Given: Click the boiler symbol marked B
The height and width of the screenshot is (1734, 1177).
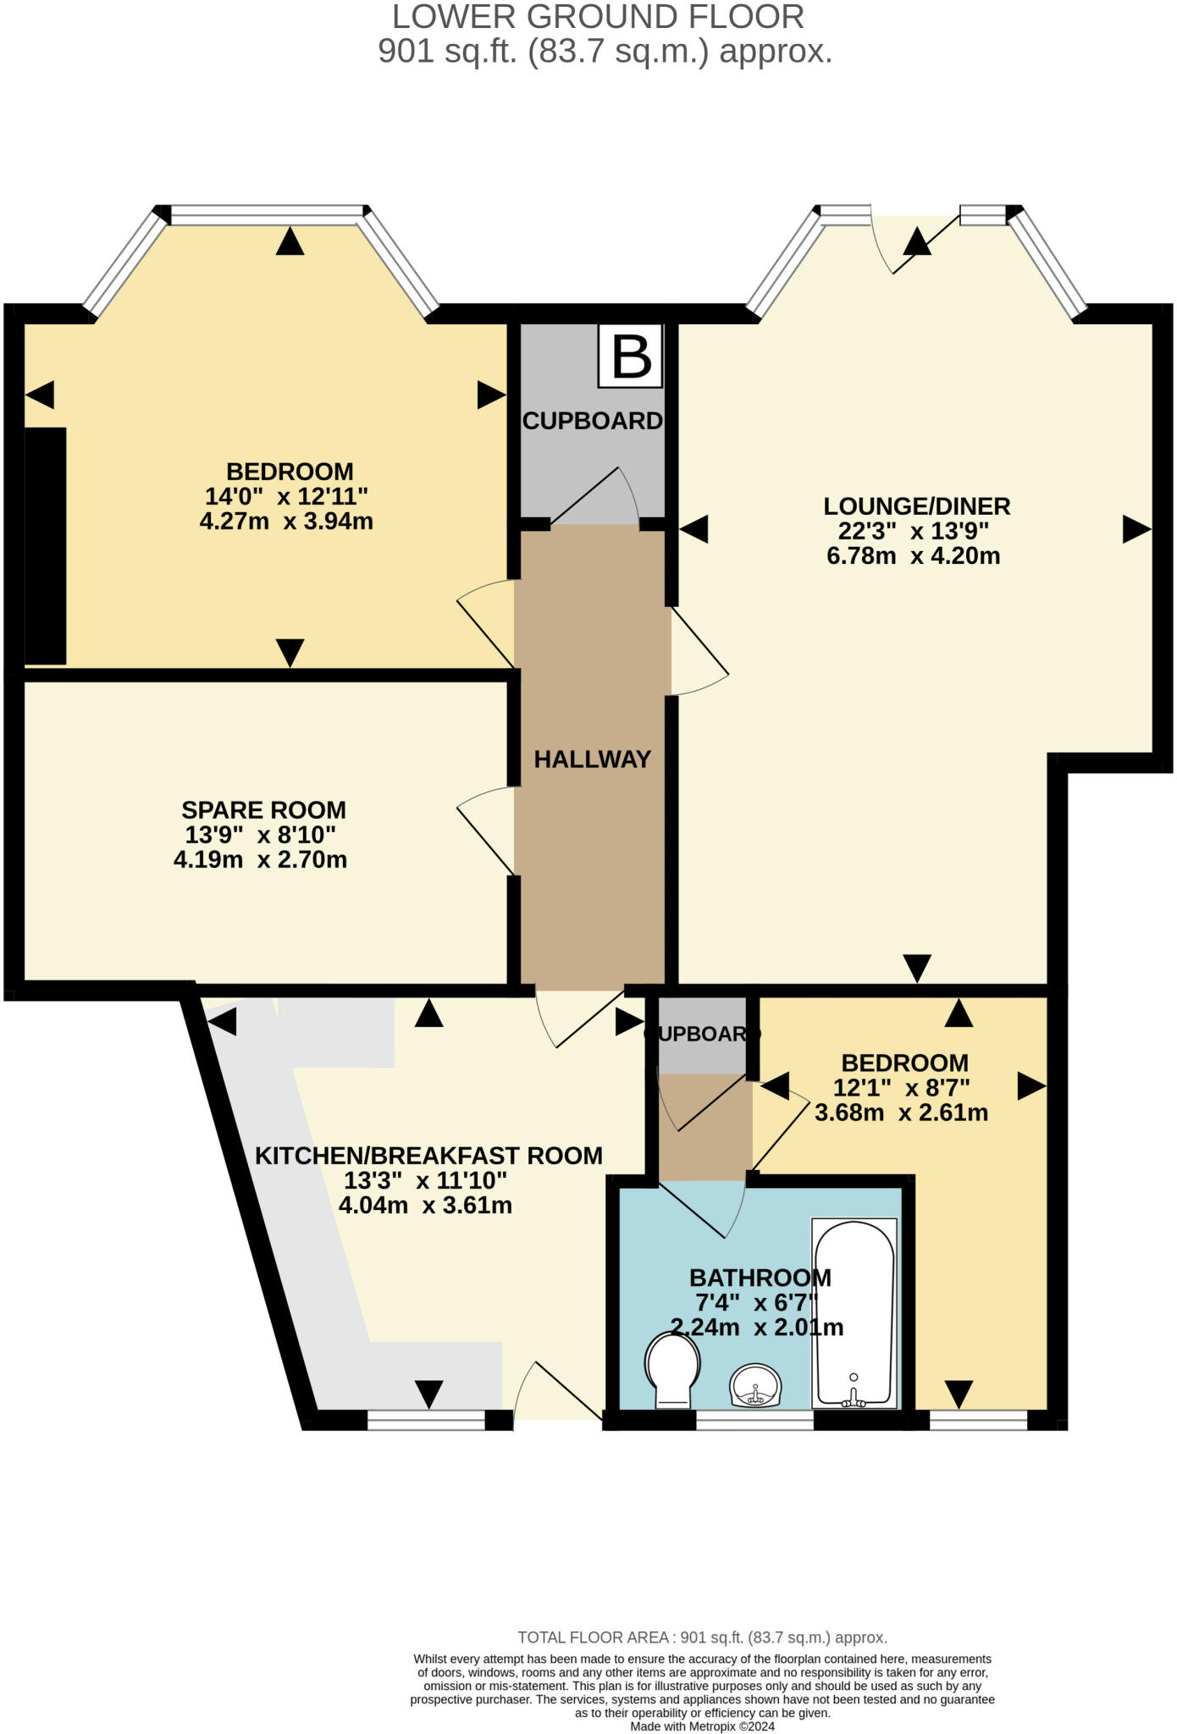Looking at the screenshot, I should coord(630,356).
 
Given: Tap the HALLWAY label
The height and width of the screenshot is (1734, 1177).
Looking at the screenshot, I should coord(592,759).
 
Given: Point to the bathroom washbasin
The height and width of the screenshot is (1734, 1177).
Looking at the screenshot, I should coord(755,1386).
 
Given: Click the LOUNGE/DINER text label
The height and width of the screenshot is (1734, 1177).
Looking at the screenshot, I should coord(916,506).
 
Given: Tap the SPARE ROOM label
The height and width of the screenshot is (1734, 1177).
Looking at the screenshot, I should coord(263,810).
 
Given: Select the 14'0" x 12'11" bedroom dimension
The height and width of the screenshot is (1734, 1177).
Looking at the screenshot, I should coord(286,496).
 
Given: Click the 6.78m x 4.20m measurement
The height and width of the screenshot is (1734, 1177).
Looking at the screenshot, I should coord(913,556).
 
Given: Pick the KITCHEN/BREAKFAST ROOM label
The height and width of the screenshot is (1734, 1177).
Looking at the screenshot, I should coord(428,1156).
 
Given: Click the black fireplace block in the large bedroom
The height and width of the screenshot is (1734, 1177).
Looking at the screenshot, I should coord(45,546).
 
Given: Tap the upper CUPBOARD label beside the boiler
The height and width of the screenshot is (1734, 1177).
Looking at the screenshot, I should coord(592,421).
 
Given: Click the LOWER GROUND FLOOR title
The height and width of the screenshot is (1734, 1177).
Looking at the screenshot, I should coord(598,17).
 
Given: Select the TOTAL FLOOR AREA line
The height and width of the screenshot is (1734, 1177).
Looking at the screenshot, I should coord(702,1637).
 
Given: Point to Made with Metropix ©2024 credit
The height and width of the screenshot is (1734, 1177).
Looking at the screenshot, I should coord(702,1726).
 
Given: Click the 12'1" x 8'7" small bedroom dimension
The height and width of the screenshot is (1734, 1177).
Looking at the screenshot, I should coord(901,1087).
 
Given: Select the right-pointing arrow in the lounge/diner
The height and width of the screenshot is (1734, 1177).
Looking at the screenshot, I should coord(1136,529).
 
